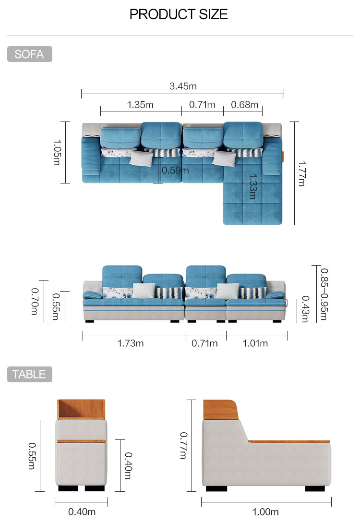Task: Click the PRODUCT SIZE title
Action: coord(179,14)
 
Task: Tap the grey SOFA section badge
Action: coord(29,54)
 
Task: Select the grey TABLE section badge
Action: coord(29,374)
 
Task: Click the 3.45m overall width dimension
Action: coord(183,86)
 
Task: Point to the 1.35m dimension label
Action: coord(140,105)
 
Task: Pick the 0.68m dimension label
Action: coord(245,105)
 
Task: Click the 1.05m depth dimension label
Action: coord(57,152)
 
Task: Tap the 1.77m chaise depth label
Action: coord(301,173)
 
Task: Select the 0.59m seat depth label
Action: coord(175,171)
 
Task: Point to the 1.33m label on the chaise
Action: coord(253,186)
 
